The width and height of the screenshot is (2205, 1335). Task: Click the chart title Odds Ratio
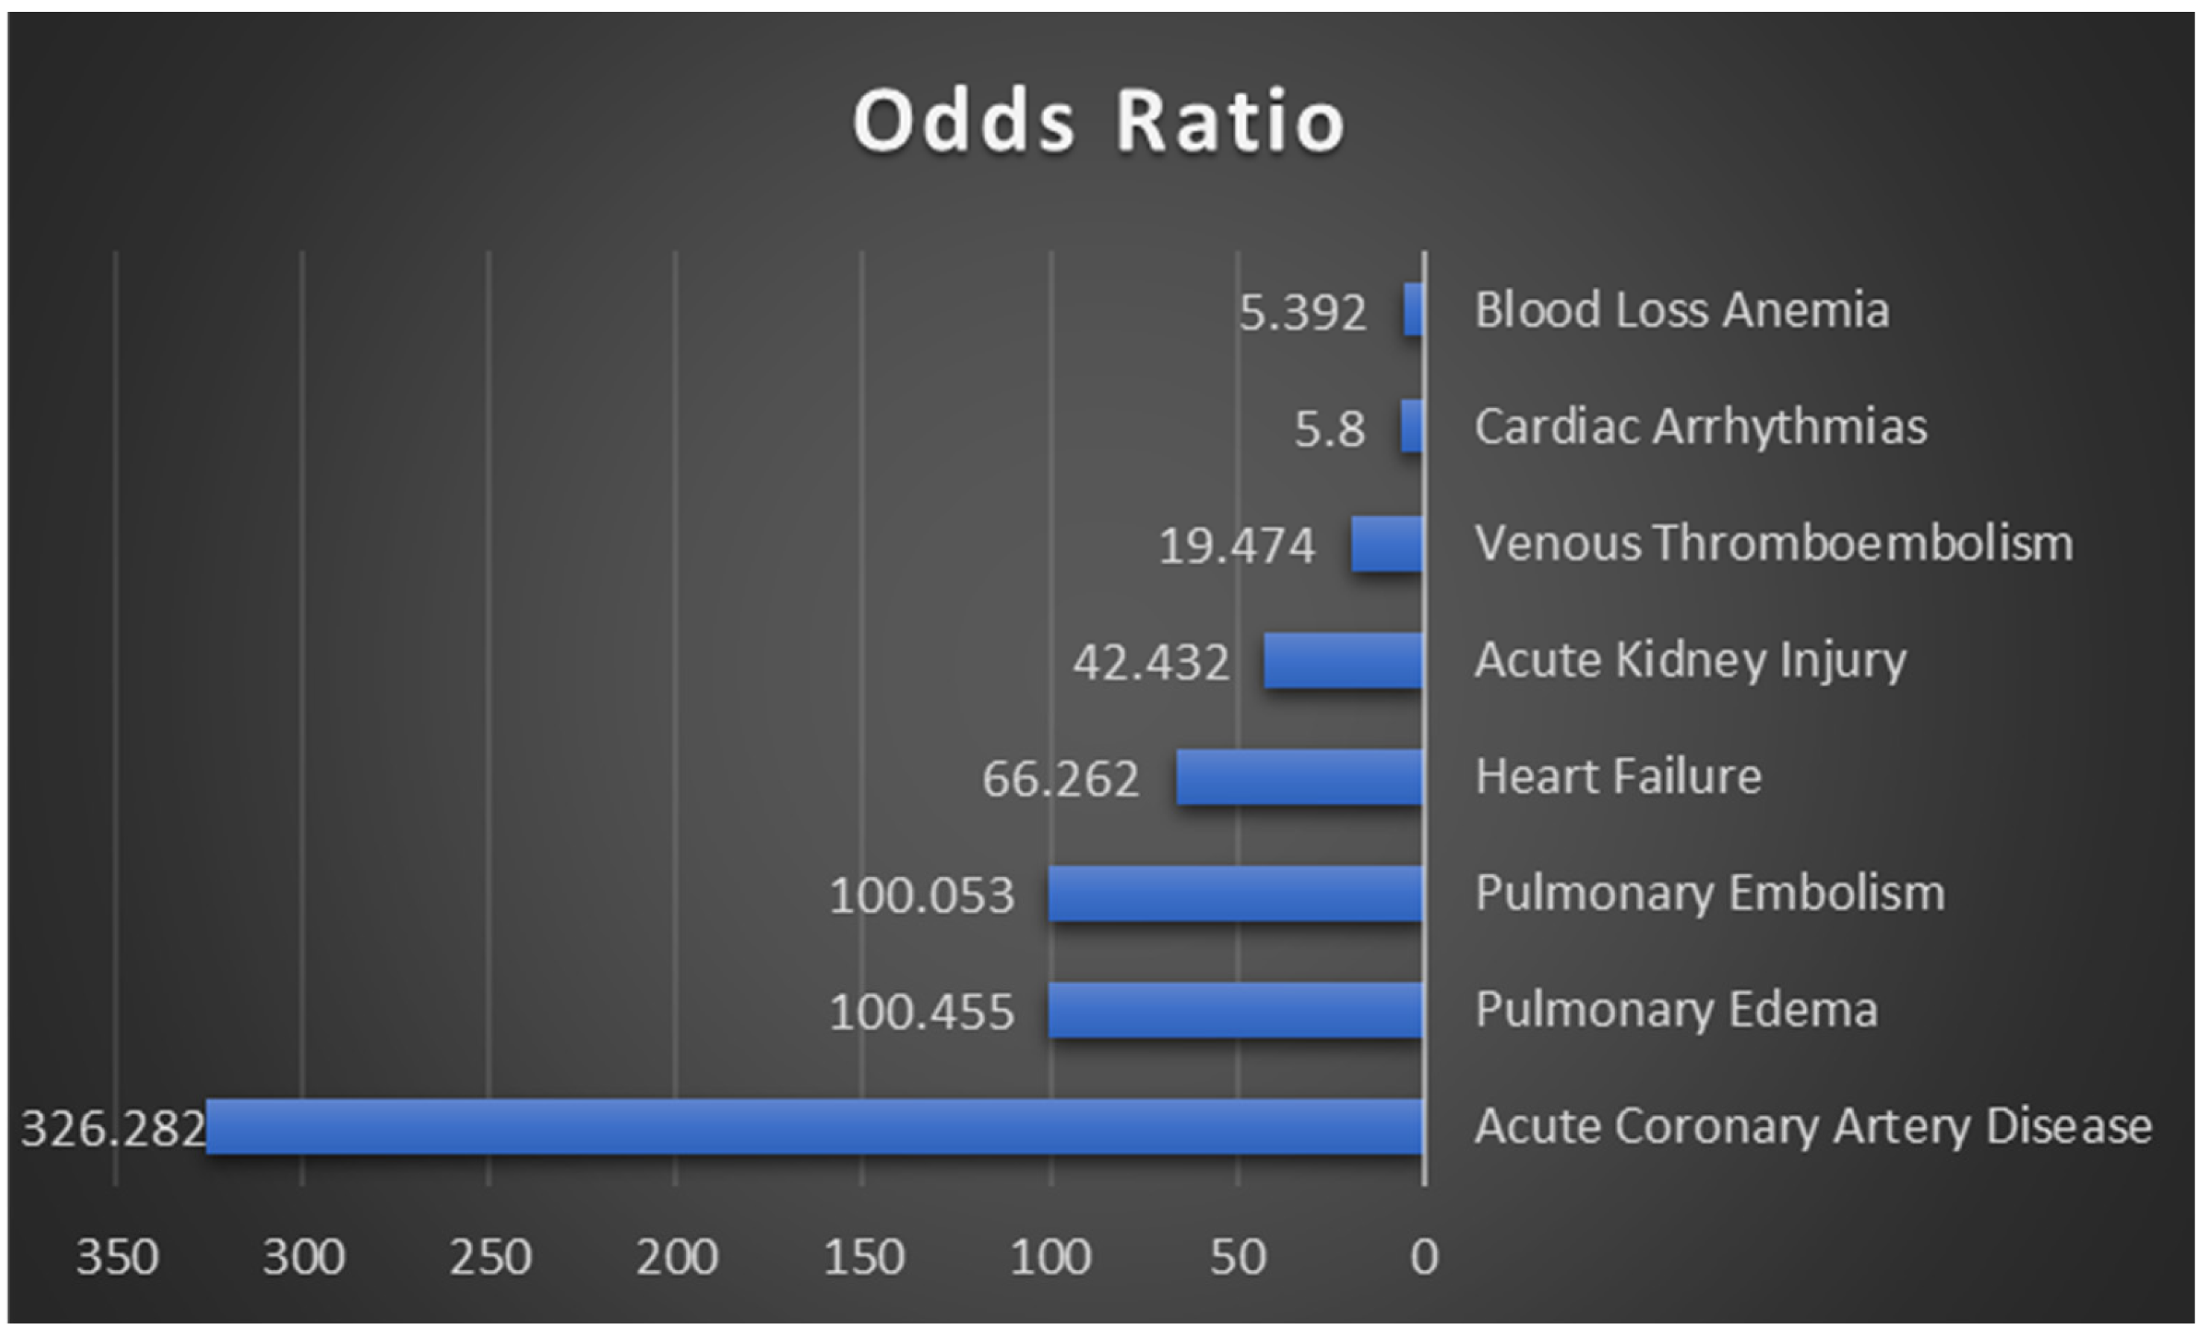pos(1099,122)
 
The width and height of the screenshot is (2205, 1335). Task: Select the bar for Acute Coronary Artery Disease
pos(814,1126)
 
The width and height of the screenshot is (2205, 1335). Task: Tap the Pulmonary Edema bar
pos(1235,1010)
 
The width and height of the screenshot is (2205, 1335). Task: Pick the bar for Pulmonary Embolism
pos(1235,893)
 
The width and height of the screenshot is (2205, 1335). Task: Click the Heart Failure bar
pos(1300,776)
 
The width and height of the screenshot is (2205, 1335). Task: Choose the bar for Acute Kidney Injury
pos(1343,660)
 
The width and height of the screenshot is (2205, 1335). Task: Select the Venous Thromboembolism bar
pos(1387,543)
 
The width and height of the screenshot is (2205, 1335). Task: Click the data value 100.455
pos(922,1012)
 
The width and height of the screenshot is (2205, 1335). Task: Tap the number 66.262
pos(1060,779)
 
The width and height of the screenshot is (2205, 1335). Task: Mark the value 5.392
pos(1302,312)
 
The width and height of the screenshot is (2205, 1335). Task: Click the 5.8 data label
pos(1330,429)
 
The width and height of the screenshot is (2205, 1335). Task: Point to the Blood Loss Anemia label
pos(1682,310)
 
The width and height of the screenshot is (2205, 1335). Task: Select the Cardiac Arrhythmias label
pos(1700,426)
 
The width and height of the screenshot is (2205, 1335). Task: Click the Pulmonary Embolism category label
pos(1710,892)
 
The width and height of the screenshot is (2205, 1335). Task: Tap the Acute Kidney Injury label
pos(1690,660)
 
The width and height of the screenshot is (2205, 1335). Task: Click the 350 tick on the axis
pos(117,1257)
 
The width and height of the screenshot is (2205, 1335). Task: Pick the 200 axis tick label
pos(677,1257)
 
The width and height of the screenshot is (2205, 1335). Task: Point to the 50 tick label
pos(1239,1257)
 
